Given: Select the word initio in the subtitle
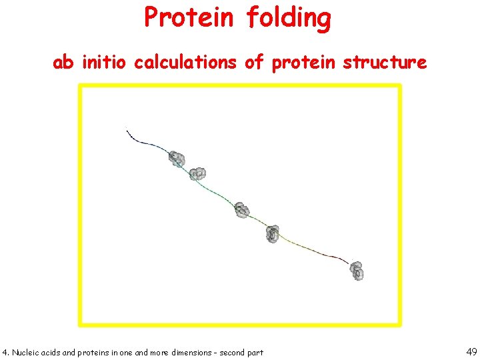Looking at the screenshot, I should [104, 63].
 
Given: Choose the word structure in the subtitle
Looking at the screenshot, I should [385, 63].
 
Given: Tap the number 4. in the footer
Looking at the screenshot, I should [6, 352].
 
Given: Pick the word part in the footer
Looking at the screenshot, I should [255, 352].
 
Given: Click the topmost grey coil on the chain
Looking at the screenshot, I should [177, 159].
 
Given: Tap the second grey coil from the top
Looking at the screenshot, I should [197, 174].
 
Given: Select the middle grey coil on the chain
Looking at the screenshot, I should [241, 211].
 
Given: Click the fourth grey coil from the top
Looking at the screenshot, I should [272, 234].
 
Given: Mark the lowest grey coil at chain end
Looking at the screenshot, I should [357, 270].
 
